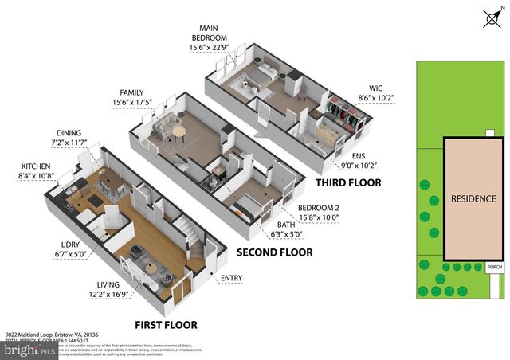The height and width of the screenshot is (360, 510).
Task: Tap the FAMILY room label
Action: (131, 93)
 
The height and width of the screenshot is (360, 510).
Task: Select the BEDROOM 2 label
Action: (317, 209)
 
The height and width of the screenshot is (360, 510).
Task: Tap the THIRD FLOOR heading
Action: (349, 182)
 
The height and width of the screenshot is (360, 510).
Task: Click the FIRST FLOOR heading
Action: (166, 325)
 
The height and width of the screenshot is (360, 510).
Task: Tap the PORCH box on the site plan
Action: (493, 268)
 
